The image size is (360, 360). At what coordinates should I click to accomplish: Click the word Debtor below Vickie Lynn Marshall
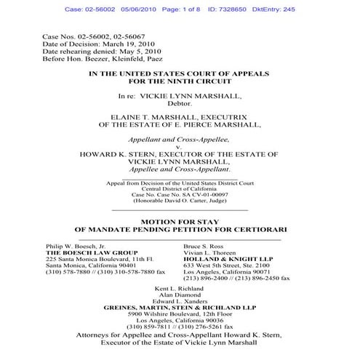coord(180,105)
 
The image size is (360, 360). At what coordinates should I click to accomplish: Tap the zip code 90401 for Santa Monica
coord(113,267)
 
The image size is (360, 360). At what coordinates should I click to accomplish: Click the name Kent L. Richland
coord(180,289)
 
